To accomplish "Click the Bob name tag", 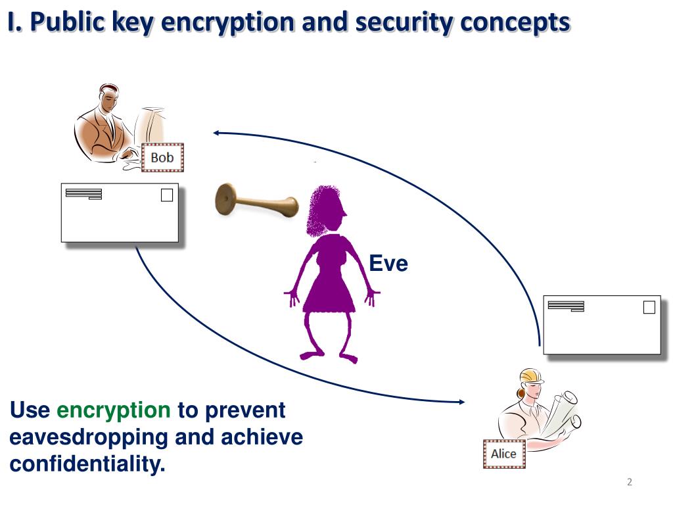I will [x=162, y=158].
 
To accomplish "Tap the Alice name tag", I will [x=504, y=454].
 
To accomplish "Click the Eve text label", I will [x=388, y=264].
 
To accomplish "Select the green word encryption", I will [x=114, y=410].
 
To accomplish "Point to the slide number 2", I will [x=629, y=483].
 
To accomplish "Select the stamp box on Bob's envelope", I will [x=167, y=195].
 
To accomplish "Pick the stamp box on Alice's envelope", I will [x=649, y=307].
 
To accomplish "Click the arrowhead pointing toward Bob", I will [x=216, y=133].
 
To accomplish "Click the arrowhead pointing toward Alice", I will [x=462, y=400].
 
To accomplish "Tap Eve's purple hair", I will [x=325, y=210].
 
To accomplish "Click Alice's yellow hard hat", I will [x=530, y=375].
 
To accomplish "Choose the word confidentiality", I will [x=87, y=464].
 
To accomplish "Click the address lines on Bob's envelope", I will [x=84, y=193].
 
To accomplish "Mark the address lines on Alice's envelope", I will [x=566, y=305].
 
